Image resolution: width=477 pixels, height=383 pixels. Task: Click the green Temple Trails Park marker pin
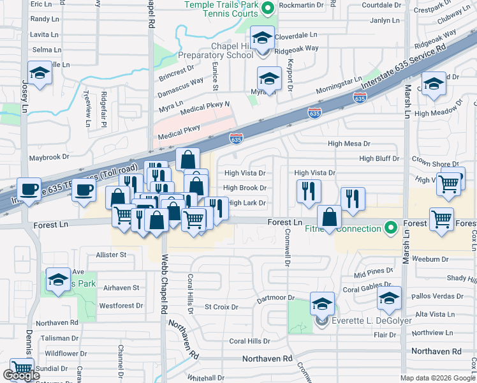[268, 8]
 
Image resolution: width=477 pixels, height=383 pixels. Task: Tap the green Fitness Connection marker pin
[390, 227]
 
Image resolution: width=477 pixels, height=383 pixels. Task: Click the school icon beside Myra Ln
[269, 80]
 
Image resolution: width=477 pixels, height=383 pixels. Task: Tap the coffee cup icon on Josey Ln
[29, 189]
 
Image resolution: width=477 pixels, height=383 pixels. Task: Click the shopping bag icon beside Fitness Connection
[329, 218]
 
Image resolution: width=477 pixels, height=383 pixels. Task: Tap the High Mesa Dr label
[348, 144]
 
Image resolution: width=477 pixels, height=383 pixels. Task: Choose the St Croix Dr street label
[221, 307]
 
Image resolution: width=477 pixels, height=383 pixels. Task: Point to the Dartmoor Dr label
[274, 298]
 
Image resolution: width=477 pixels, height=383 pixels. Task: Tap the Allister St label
[111, 255]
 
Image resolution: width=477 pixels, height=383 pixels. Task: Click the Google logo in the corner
[21, 376]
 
